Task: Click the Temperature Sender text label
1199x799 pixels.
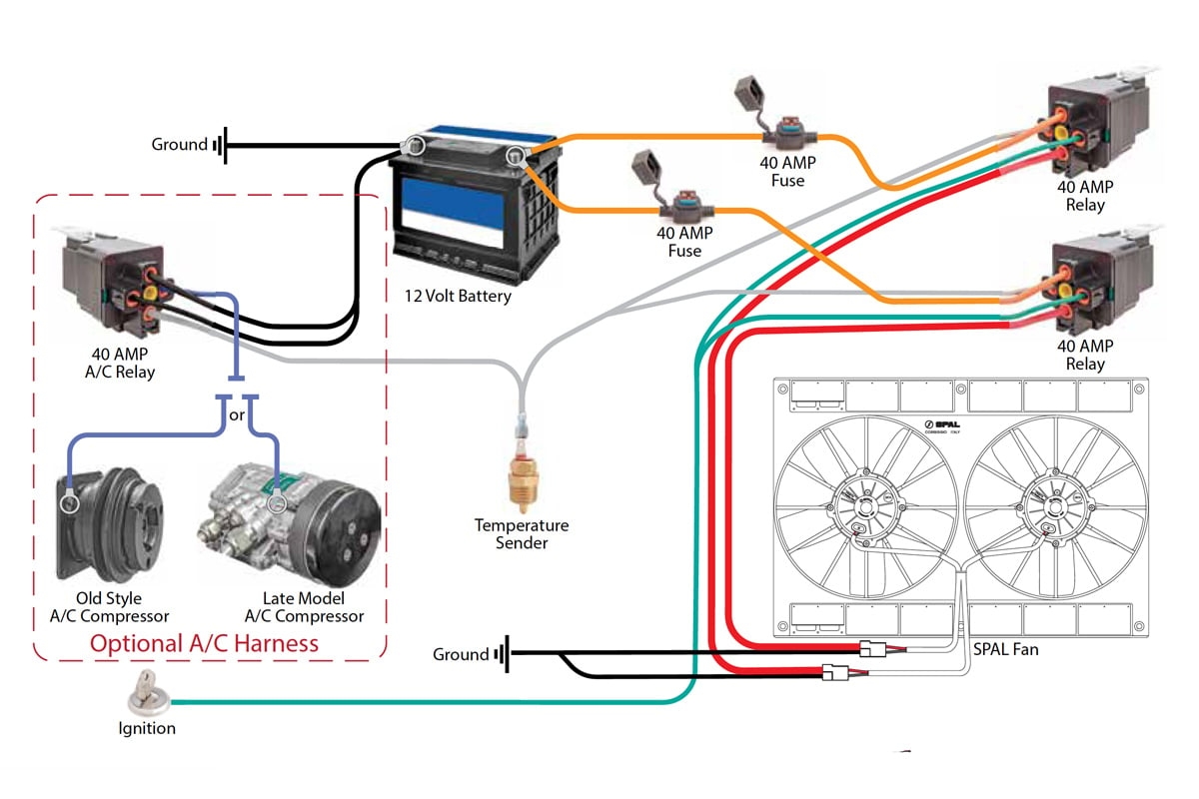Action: [521, 533]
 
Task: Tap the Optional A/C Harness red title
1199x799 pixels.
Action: [205, 642]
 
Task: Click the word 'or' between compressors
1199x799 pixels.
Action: [237, 414]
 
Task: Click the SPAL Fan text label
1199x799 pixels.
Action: [1005, 649]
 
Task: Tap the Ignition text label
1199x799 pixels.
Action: [147, 728]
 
